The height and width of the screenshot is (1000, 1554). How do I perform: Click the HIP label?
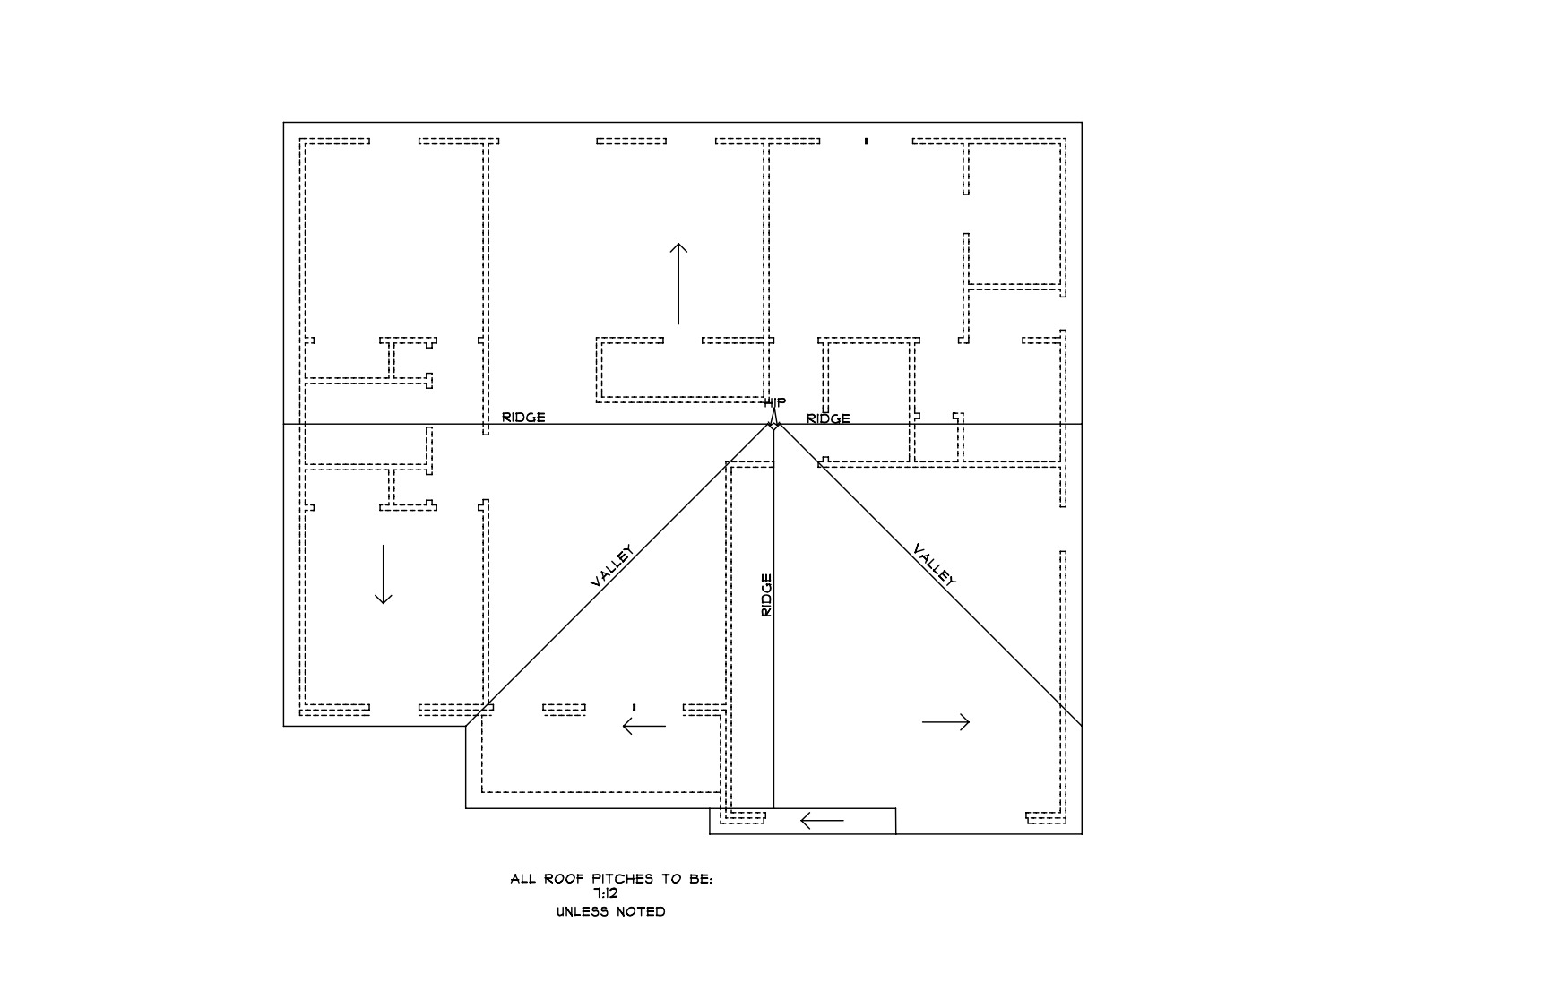[774, 403]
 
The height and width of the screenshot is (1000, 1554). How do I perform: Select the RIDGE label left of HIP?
[523, 418]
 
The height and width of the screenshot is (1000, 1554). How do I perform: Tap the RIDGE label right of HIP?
[828, 418]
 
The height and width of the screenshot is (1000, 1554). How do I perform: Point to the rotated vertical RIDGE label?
[766, 595]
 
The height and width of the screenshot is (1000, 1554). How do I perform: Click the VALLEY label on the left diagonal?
[612, 566]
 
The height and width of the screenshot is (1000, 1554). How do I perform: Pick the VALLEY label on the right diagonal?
[935, 565]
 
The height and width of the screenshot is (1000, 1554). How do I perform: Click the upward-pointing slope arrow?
[678, 283]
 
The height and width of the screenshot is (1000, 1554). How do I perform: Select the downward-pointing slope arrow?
[384, 574]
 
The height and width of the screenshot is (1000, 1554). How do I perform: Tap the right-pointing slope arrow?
[945, 721]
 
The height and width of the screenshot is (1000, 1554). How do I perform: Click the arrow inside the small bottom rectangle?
[822, 820]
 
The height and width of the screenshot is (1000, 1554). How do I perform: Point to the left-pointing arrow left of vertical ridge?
[644, 726]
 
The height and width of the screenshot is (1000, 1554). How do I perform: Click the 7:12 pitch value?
[606, 893]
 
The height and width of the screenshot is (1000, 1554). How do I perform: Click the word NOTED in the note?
[642, 912]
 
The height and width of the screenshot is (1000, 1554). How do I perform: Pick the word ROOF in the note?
[565, 879]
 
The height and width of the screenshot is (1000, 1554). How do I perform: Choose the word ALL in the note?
[523, 879]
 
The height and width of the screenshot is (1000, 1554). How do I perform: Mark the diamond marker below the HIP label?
[773, 424]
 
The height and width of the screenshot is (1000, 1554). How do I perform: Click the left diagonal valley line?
[618, 574]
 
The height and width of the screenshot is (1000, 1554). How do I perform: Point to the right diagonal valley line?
[928, 574]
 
